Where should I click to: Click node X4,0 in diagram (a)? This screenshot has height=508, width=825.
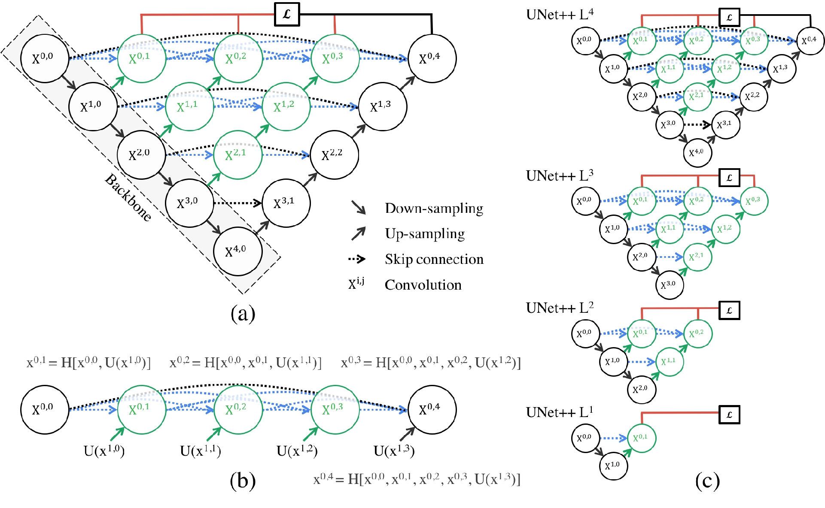[x=237, y=251]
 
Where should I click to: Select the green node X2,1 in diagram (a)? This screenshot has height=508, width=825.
[x=237, y=155]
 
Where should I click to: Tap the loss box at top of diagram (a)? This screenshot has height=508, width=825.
[x=287, y=14]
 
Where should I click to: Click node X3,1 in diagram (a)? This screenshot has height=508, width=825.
[x=286, y=203]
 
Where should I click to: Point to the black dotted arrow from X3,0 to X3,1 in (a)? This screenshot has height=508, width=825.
[x=237, y=203]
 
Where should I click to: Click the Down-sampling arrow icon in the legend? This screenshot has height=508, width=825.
[x=359, y=208]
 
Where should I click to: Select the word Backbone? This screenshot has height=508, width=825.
[x=128, y=198]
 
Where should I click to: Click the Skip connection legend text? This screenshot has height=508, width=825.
[x=434, y=259]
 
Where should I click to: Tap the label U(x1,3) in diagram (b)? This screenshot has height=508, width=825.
[x=394, y=451]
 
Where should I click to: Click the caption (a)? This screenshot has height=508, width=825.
[x=243, y=314]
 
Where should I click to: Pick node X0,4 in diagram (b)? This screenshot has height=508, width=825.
[x=432, y=409]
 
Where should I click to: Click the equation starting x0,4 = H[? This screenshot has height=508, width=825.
[x=417, y=479]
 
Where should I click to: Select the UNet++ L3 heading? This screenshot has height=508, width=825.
[x=560, y=175]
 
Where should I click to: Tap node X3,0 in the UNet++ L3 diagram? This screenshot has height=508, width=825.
[x=669, y=284]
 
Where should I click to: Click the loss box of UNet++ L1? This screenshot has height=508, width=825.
[x=729, y=415]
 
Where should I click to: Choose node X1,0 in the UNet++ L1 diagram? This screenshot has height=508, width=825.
[x=613, y=465]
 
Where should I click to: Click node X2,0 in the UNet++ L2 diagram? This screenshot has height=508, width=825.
[x=641, y=389]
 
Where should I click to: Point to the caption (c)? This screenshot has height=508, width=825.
[x=707, y=481]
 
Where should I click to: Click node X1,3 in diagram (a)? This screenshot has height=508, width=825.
[x=382, y=106]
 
